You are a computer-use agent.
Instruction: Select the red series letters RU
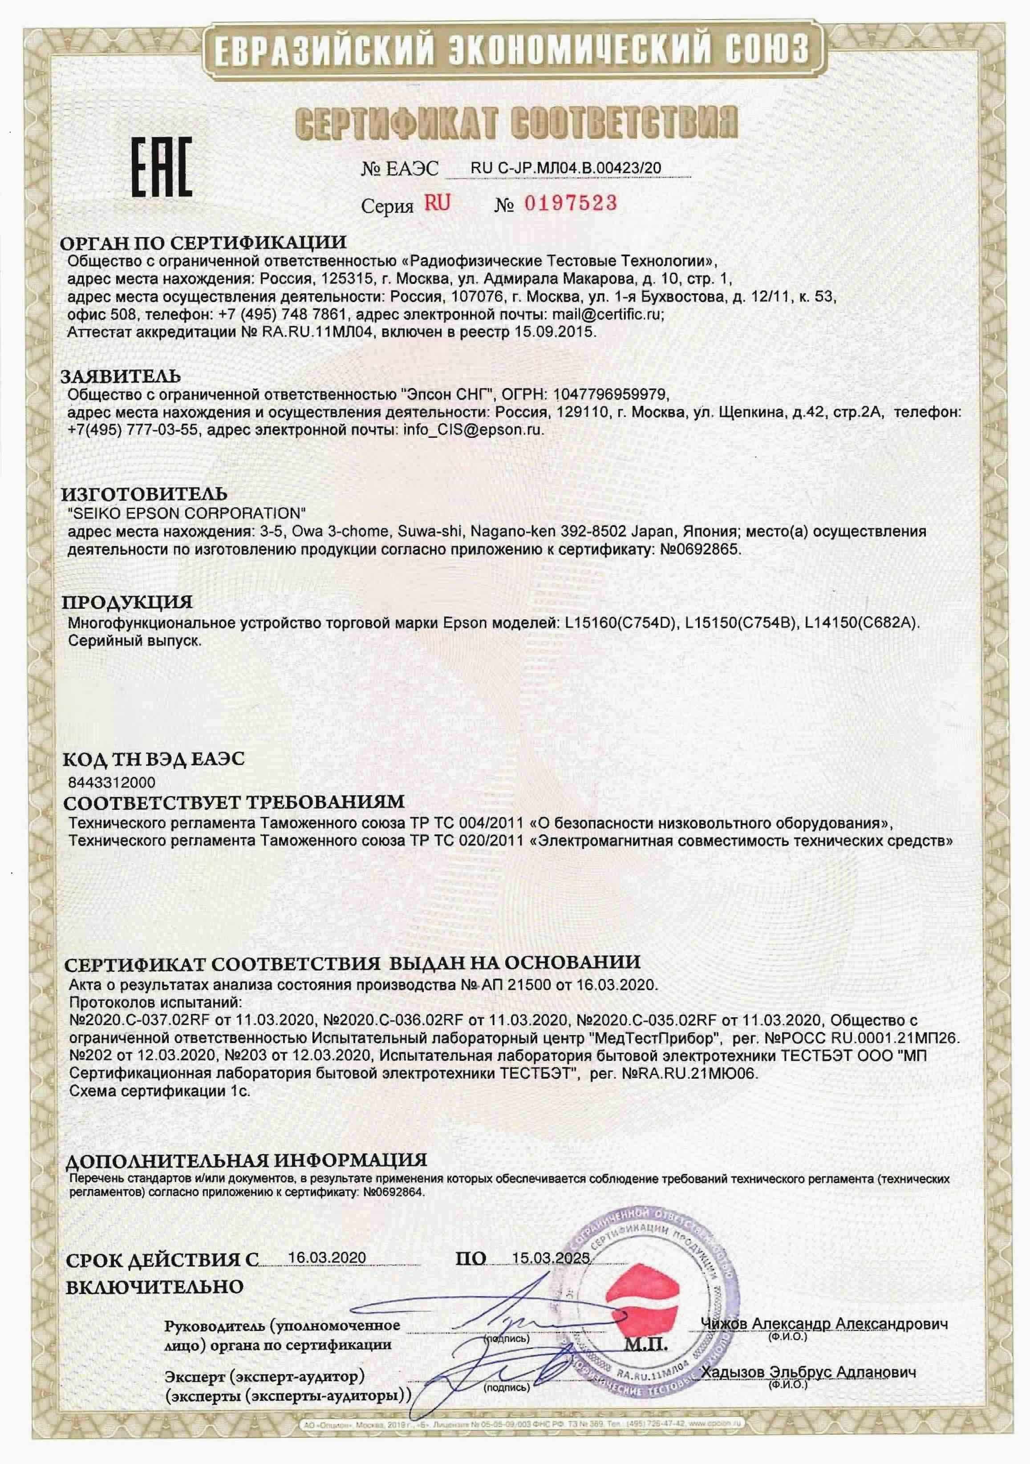(438, 203)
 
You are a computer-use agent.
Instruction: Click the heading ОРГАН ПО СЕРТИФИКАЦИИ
(203, 243)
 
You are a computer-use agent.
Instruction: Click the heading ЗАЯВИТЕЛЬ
(121, 376)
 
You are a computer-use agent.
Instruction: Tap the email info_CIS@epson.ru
(473, 429)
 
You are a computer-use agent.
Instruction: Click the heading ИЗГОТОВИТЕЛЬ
(144, 494)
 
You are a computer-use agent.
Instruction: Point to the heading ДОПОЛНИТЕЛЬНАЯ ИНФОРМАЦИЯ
(246, 1160)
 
